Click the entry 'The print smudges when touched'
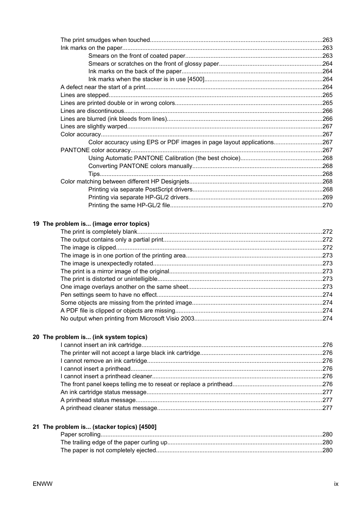tap(105, 40)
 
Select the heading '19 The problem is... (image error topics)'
tap(91, 224)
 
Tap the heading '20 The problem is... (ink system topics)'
tap(90, 337)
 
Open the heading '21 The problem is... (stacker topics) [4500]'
tap(94, 427)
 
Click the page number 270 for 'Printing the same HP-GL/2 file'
tap(327, 205)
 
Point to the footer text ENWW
tap(43, 484)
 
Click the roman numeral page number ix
tap(336, 484)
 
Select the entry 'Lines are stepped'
tap(85, 95)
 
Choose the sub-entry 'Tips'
tap(94, 174)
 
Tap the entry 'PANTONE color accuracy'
tap(95, 150)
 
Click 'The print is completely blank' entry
tap(99, 232)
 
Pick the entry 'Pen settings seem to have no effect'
tap(109, 295)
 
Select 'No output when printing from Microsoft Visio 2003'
tap(128, 319)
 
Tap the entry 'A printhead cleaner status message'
tap(109, 408)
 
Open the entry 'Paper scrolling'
tap(80, 435)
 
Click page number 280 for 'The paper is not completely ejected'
tap(327, 450)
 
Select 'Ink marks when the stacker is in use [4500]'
tap(146, 79)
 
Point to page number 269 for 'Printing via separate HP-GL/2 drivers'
tap(327, 197)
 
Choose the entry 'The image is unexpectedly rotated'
tap(107, 263)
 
